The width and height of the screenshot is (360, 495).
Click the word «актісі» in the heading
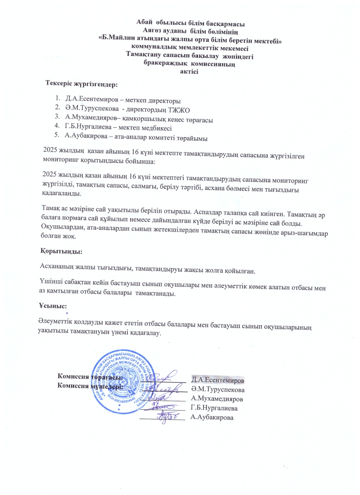tap(189, 72)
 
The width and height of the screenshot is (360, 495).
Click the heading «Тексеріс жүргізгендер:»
tap(81, 84)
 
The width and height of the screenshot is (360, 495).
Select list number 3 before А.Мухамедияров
tap(57, 116)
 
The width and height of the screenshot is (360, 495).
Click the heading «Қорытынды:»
tap(61, 251)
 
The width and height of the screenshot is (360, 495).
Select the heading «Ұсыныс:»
tap(53, 306)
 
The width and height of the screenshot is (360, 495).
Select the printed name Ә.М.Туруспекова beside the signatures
tap(218, 390)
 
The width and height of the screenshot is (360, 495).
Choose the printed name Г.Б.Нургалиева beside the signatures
tap(214, 408)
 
